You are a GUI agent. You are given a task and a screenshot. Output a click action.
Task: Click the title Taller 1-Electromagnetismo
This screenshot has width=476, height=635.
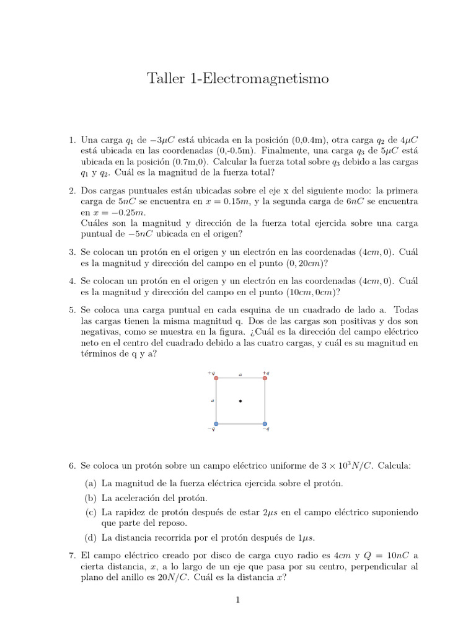point(237,79)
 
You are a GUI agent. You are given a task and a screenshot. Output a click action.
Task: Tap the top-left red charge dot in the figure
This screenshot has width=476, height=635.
point(216,378)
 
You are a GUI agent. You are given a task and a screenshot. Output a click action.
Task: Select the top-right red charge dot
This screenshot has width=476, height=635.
point(265,378)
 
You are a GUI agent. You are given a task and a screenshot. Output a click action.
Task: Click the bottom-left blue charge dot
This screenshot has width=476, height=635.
point(216,424)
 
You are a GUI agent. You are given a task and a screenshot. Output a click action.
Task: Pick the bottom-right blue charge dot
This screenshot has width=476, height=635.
point(265,424)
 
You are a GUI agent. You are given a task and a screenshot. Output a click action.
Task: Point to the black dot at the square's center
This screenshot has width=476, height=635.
point(240,401)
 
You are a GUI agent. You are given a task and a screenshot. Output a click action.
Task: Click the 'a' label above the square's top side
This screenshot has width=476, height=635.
point(240,374)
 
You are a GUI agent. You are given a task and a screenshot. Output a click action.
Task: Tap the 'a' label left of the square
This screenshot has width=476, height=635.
point(212,401)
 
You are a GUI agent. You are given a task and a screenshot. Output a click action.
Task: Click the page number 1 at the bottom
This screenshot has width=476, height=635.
point(237,600)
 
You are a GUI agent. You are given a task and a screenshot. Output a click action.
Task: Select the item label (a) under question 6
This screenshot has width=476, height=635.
point(90,483)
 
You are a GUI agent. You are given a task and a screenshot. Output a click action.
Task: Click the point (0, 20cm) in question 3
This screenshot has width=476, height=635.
point(297,263)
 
